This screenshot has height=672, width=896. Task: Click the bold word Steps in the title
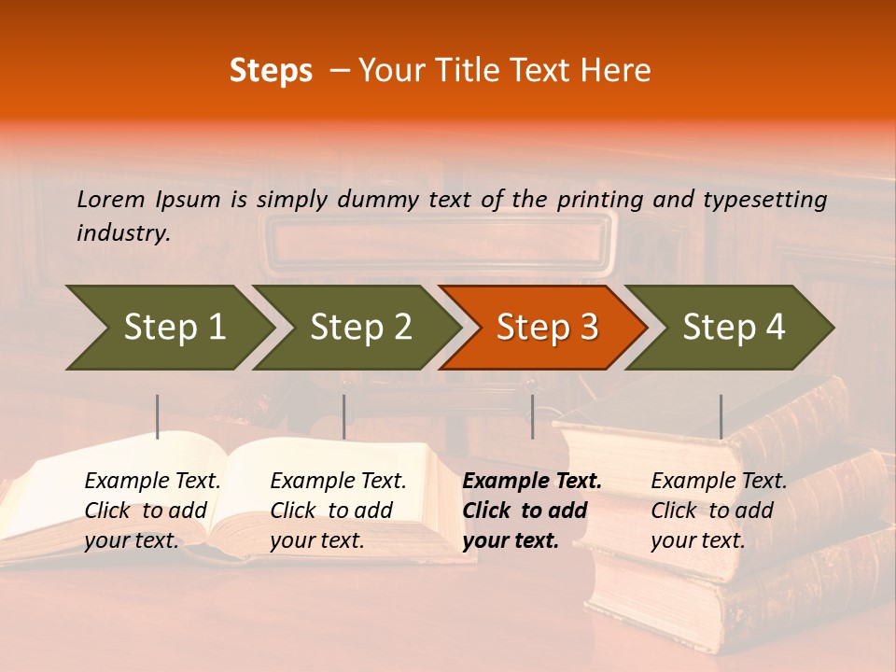tap(271, 71)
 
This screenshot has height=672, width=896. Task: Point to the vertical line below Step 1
tap(158, 416)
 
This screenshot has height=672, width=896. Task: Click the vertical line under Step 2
tap(344, 416)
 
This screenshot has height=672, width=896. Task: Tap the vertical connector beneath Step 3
tap(532, 416)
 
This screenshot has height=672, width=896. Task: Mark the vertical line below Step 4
tap(721, 416)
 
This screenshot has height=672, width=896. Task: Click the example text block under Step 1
tap(152, 511)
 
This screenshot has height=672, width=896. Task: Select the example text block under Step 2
tap(338, 511)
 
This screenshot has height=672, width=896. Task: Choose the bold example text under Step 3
tap(531, 511)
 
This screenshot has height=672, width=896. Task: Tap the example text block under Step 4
tap(719, 511)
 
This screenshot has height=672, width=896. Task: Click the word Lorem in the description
tap(111, 199)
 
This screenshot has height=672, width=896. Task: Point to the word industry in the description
tap(123, 233)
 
